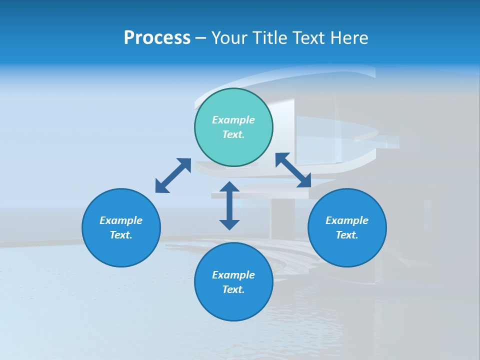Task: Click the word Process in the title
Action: click(x=157, y=38)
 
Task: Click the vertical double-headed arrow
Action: click(x=229, y=205)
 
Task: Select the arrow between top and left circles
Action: click(x=173, y=175)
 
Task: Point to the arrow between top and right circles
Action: click(x=293, y=170)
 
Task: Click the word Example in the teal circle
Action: click(x=233, y=120)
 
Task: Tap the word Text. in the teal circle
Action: click(x=233, y=134)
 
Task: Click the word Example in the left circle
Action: click(x=121, y=220)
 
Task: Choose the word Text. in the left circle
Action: click(x=121, y=235)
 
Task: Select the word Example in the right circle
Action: click(x=347, y=220)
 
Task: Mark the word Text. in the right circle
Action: click(x=347, y=235)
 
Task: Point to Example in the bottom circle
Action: click(x=233, y=275)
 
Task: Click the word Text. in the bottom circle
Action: click(x=233, y=289)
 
